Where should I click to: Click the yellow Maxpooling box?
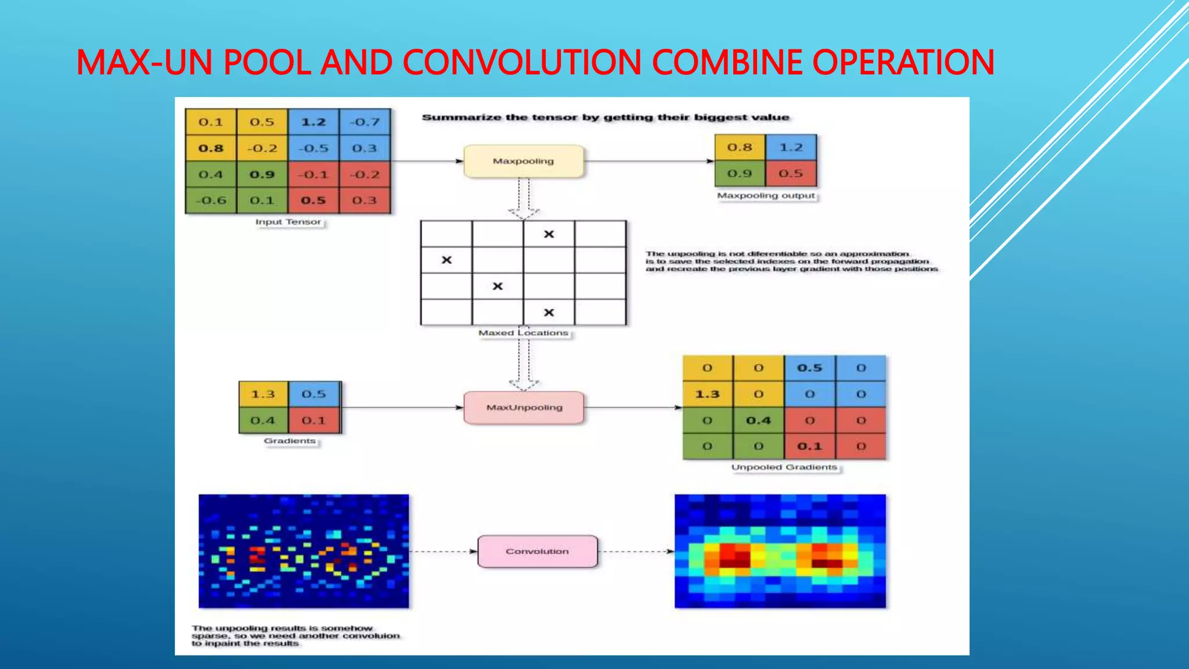[523, 161]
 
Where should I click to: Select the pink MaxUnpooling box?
[524, 408]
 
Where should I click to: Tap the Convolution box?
[537, 551]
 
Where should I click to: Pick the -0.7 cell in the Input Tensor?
[365, 122]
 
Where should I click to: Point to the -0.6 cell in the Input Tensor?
[211, 200]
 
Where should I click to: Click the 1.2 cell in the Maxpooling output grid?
[791, 148]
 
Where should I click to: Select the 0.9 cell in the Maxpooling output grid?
[740, 174]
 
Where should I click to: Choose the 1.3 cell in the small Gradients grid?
[263, 394]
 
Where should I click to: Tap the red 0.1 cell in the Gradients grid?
[314, 420]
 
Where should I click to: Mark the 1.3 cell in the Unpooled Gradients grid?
[707, 394]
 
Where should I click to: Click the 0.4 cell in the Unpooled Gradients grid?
[758, 420]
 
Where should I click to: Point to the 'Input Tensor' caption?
[288, 222]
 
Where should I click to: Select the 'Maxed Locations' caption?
[523, 333]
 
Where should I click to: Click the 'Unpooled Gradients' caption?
[784, 467]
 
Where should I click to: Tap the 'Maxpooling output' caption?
[766, 196]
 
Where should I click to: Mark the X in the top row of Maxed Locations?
[549, 234]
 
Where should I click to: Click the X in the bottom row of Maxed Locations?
[549, 312]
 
